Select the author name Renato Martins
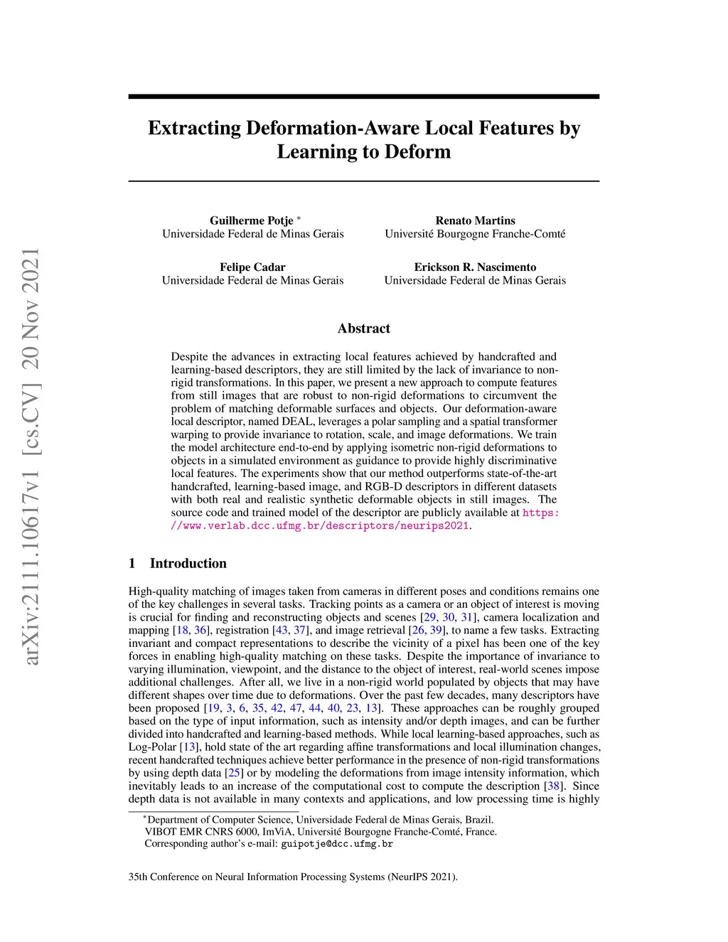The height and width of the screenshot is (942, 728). click(x=475, y=220)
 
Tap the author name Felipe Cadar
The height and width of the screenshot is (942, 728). click(x=252, y=267)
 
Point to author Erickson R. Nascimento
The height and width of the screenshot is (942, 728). click(x=475, y=267)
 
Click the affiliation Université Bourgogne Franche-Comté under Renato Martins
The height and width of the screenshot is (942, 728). click(x=475, y=234)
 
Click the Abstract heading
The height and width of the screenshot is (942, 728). click(x=363, y=328)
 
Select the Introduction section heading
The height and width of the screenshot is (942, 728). click(x=188, y=563)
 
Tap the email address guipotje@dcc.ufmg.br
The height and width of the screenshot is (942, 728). click(x=337, y=845)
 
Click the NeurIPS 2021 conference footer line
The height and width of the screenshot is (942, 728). click(x=293, y=877)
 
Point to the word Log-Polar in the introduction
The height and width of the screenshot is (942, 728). click(x=152, y=746)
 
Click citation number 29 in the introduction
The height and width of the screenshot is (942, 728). click(x=429, y=617)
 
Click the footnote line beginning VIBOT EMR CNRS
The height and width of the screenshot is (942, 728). click(x=321, y=832)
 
